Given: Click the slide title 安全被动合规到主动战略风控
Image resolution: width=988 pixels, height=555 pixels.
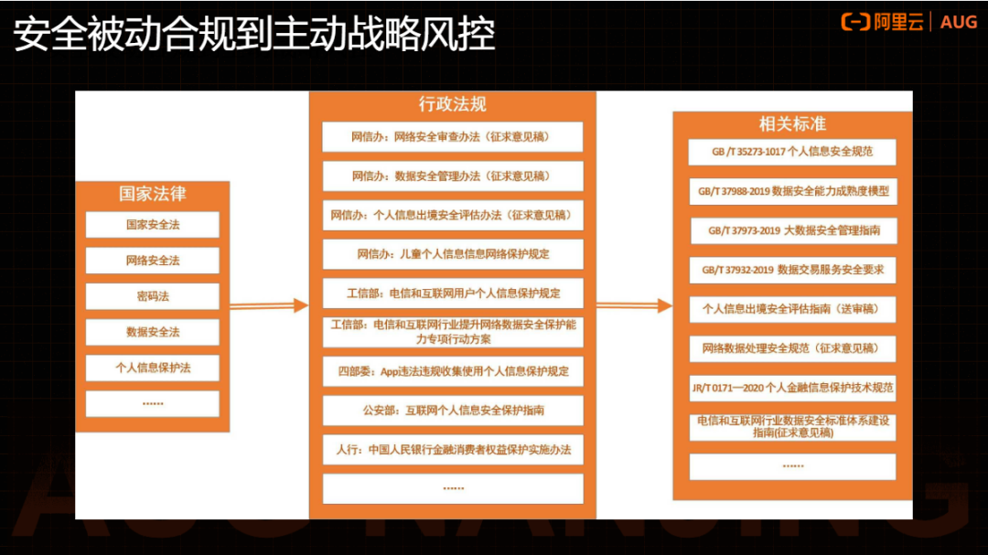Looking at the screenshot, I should coord(253,34).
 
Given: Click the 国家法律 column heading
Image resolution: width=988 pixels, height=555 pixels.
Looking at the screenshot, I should coord(152,194).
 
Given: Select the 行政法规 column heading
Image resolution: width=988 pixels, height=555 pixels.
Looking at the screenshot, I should coord(452,104).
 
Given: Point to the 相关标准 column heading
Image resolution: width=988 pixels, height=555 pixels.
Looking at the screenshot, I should coord(792,123).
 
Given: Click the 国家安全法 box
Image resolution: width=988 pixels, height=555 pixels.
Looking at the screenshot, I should coord(152,224).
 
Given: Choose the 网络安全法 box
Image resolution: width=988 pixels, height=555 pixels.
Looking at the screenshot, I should coord(152,261).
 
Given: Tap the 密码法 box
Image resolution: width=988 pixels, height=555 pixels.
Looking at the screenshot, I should coord(152,296).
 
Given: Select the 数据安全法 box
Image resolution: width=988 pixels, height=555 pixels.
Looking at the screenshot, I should coord(152,332).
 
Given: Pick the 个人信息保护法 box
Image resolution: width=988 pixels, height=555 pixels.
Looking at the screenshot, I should coord(152,368).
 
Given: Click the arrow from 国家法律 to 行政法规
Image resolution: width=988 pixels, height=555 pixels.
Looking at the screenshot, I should coord(269,305).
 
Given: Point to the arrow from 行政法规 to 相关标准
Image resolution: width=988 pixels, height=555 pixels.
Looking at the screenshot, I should coord(633,305).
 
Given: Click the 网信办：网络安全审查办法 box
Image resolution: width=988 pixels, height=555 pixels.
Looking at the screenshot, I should coord(452,137).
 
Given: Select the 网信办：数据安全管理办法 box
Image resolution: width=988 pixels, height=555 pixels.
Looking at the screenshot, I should coord(452,176).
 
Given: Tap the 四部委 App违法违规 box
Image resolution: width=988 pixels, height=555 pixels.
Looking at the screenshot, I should coord(452,371).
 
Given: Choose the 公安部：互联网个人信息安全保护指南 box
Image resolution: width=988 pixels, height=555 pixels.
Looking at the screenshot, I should coord(452,411).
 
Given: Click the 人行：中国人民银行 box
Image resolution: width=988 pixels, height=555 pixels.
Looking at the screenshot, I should coord(452,450).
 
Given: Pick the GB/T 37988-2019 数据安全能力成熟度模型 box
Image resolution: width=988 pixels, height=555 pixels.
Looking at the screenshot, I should coord(792,191).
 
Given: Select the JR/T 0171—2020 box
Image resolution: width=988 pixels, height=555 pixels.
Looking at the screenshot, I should coord(792,388).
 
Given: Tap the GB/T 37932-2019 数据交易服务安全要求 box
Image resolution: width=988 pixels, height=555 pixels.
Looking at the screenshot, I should coord(792,270).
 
